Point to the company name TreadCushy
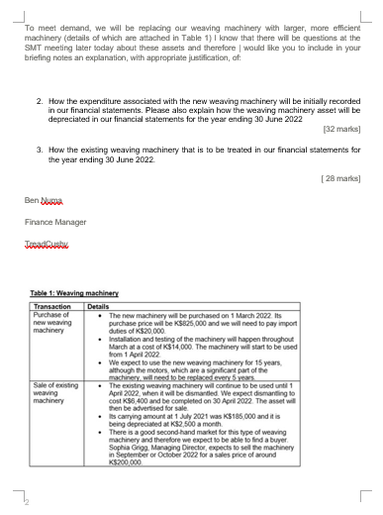click(47, 243)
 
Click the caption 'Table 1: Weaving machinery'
click(74, 293)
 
